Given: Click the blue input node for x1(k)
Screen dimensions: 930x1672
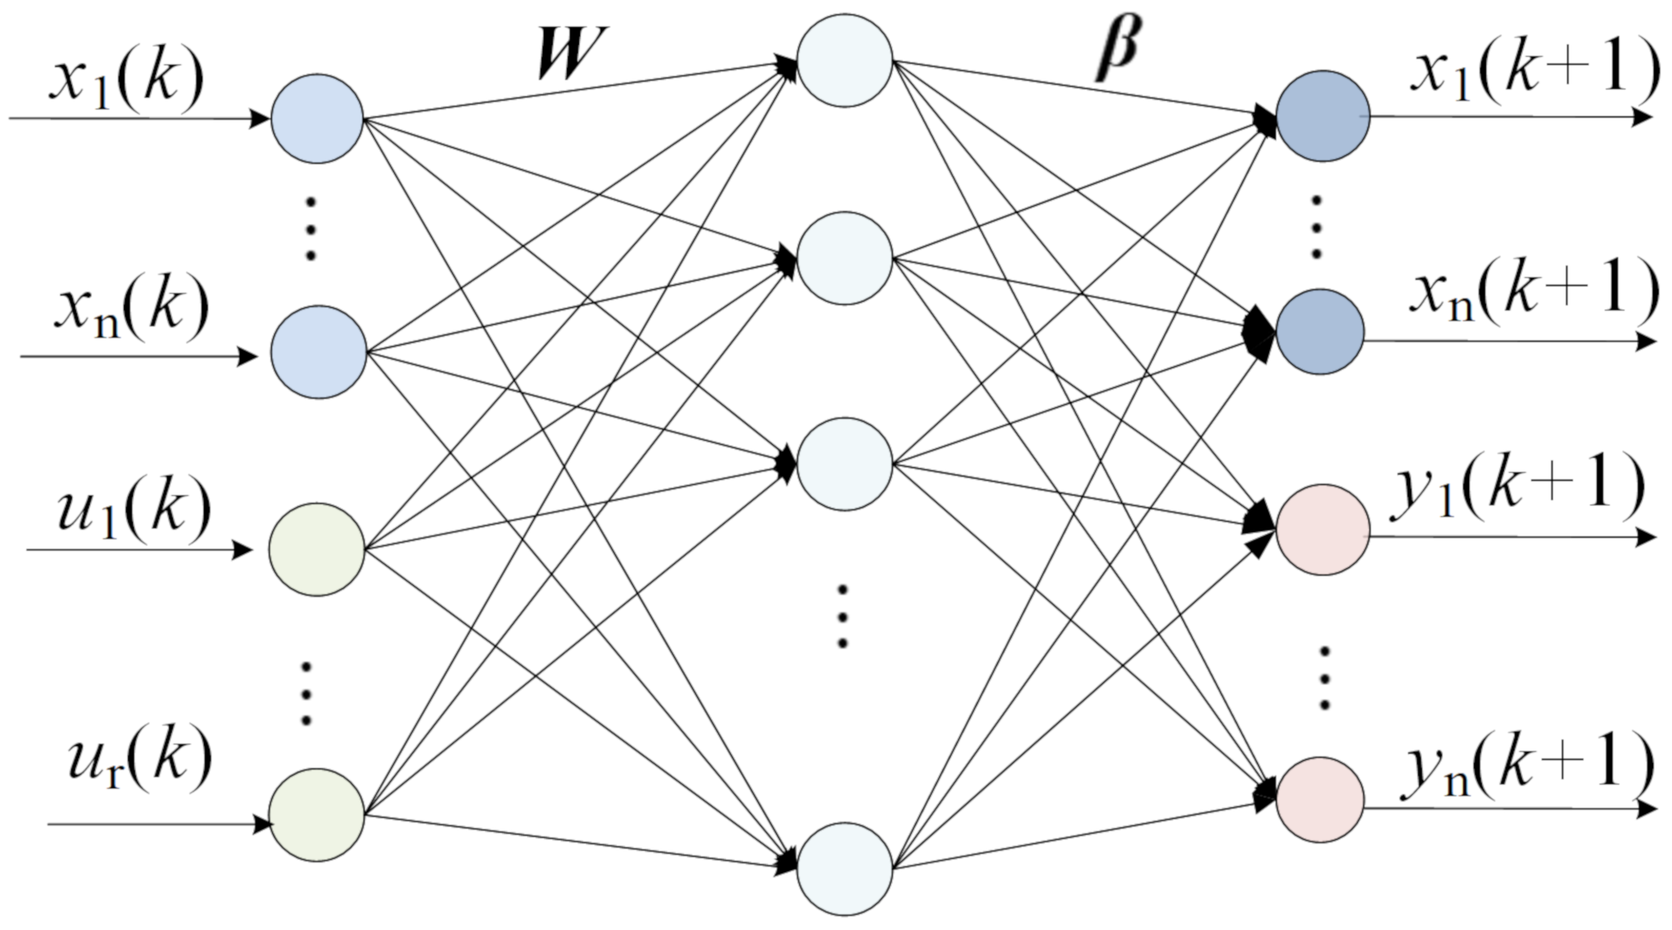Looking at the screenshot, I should (x=316, y=119).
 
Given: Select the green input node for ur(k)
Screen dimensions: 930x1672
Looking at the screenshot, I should (x=316, y=815).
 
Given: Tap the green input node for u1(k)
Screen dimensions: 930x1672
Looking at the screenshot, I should (x=316, y=549).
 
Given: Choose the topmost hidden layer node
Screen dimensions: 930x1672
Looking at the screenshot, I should (x=844, y=60).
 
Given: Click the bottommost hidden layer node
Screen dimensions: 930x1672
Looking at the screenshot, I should (x=844, y=869).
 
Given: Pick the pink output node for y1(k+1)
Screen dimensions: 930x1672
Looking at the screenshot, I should (x=1323, y=530).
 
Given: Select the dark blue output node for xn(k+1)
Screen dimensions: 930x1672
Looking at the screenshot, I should (x=1320, y=331).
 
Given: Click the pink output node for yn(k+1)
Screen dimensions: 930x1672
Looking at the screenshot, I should (x=1320, y=800).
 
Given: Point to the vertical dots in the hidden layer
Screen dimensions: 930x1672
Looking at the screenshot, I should (x=843, y=616).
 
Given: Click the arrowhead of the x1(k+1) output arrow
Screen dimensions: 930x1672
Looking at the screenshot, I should (x=1642, y=118).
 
